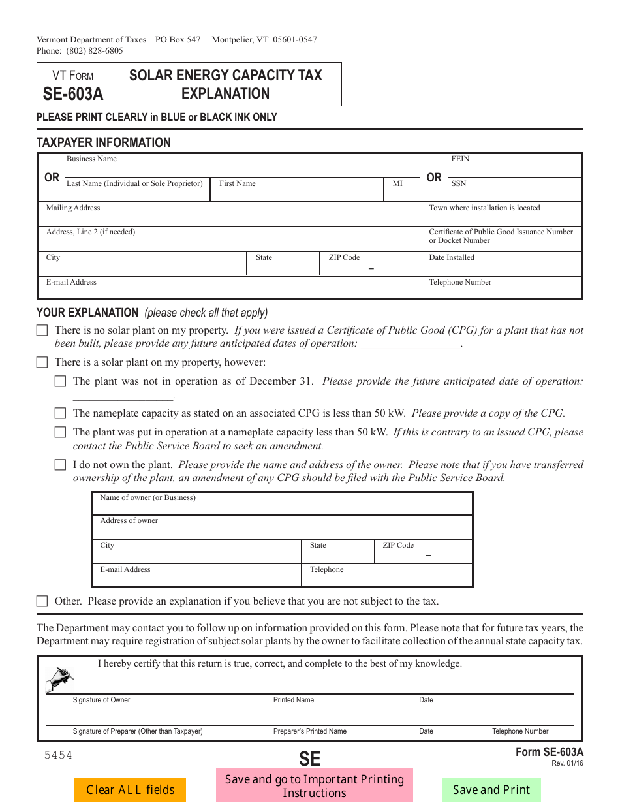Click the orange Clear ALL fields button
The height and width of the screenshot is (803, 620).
tap(130, 790)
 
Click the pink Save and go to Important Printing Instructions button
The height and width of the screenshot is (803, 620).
tap(315, 786)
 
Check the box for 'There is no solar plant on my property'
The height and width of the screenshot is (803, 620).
tap(42, 331)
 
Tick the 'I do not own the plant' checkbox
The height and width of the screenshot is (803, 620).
tap(61, 465)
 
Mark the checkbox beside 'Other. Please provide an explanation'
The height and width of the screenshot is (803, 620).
tap(42, 601)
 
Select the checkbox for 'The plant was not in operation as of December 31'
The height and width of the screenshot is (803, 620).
tap(61, 381)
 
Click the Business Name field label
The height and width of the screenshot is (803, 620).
tap(91, 159)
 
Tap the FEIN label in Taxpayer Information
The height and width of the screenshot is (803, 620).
tap(460, 159)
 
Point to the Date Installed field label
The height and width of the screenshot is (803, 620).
tap(452, 257)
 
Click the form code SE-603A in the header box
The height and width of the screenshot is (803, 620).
tap(73, 94)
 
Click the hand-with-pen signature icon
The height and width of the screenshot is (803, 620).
tap(59, 680)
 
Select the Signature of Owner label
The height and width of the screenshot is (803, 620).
tap(101, 700)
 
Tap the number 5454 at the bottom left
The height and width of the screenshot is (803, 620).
tap(58, 755)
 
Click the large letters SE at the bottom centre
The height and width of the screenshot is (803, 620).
tap(310, 759)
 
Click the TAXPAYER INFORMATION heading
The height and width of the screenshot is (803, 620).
tap(103, 142)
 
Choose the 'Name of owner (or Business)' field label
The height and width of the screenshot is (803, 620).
tap(147, 497)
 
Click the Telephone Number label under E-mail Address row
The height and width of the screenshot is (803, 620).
tap(460, 282)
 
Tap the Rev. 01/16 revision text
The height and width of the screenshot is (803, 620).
tap(567, 763)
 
